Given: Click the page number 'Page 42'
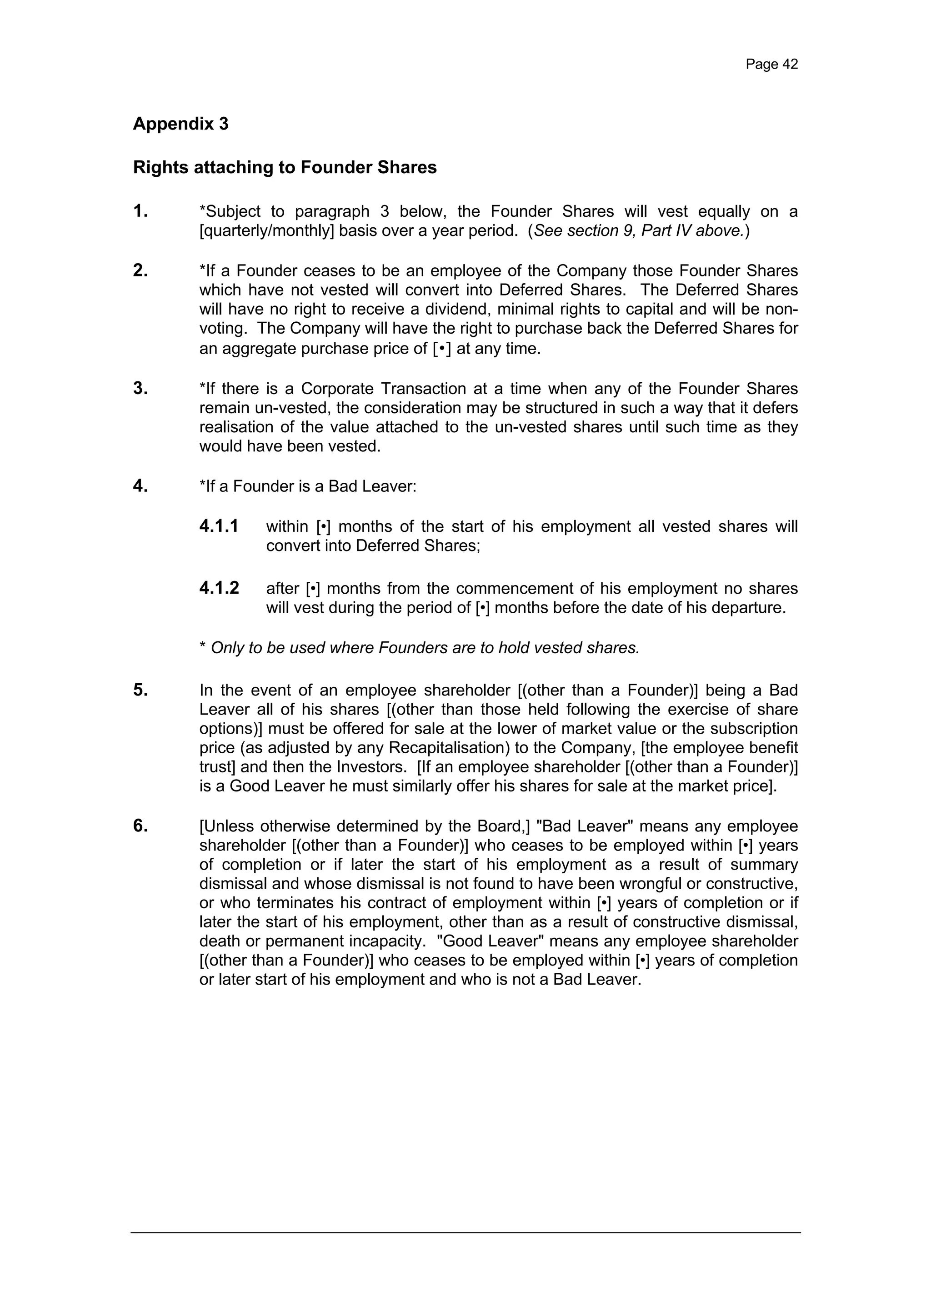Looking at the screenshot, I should tap(771, 64).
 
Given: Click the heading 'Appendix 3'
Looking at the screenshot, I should tap(180, 124).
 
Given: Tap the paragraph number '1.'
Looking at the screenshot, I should tap(140, 211).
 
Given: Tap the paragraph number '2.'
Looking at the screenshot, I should tap(140, 270).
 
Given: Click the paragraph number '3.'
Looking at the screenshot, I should tap(140, 389).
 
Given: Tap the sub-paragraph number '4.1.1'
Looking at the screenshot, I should tap(219, 526).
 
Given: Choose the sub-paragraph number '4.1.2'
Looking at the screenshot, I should tap(219, 588).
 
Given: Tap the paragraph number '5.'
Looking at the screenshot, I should tap(140, 690).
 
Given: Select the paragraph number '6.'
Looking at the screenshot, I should tap(140, 826).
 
